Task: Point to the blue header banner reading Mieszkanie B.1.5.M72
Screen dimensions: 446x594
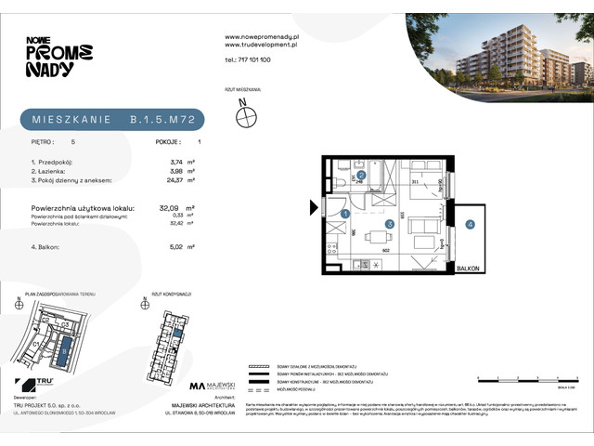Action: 111,120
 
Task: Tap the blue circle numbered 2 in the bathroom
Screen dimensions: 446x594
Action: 361,174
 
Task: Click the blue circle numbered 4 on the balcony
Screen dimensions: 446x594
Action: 471,224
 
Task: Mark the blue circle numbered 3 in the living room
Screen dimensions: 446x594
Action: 390,224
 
